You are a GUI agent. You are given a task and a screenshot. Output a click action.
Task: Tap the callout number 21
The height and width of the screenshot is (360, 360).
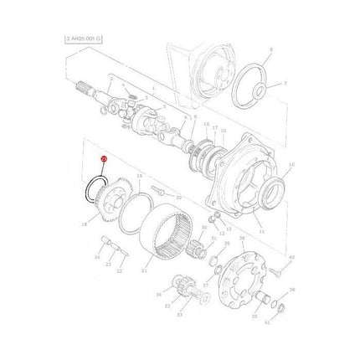[145, 271]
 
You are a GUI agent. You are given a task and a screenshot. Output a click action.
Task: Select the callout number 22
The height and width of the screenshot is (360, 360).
[119, 270]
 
